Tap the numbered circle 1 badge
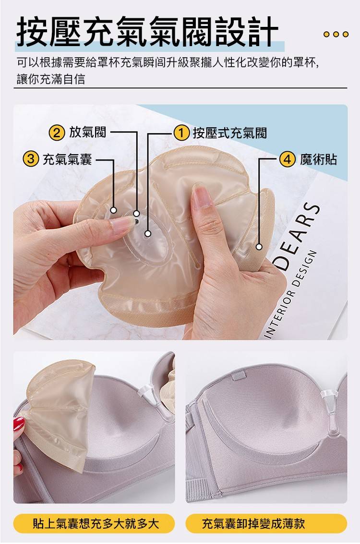coord(181,133)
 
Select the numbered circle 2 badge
coord(57,133)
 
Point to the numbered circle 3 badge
coord(30,160)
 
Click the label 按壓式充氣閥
coord(230,133)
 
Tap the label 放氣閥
coord(88,132)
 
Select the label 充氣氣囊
coord(67,159)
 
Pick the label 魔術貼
coord(318,159)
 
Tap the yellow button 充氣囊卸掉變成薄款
coord(266,523)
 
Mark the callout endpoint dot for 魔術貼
coord(259,247)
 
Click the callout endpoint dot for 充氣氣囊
coord(113,210)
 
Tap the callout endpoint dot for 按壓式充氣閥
coord(148,234)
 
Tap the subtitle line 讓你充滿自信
coord(51,79)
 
